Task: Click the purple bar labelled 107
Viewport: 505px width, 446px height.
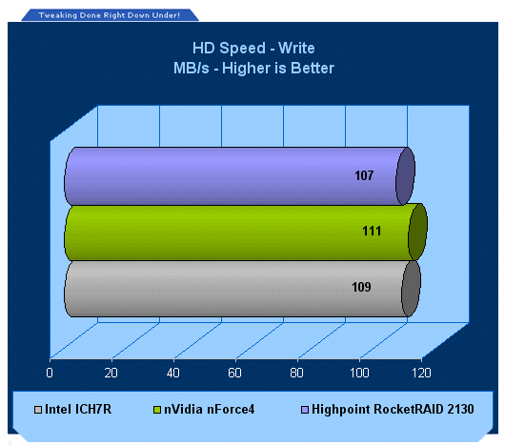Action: (x=239, y=176)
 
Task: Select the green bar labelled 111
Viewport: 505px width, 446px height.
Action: (x=246, y=232)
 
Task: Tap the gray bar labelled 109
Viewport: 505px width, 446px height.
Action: (x=242, y=289)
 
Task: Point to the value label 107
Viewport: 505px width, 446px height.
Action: (x=364, y=175)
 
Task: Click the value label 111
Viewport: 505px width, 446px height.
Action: (x=372, y=232)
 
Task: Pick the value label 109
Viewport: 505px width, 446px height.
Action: (x=361, y=287)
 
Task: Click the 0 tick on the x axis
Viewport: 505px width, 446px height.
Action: (x=50, y=373)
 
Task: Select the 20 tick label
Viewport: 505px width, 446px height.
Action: (x=111, y=373)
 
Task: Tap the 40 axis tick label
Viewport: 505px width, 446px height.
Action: (x=173, y=373)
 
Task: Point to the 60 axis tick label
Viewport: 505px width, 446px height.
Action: (x=234, y=373)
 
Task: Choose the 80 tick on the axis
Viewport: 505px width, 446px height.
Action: (x=296, y=373)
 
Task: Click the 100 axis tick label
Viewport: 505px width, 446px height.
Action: (x=359, y=373)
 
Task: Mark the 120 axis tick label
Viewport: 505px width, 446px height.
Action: (x=421, y=373)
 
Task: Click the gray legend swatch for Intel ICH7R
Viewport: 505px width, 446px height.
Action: (x=38, y=410)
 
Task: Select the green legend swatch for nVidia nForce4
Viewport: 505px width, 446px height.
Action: (x=157, y=410)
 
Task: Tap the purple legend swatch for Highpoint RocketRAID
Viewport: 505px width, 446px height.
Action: (x=305, y=410)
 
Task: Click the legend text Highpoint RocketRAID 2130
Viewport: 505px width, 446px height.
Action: (x=393, y=409)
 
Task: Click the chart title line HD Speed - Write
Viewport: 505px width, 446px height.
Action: (x=253, y=49)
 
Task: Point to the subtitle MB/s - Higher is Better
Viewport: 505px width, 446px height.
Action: (x=253, y=69)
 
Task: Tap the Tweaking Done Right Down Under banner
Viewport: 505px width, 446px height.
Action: (x=110, y=15)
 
